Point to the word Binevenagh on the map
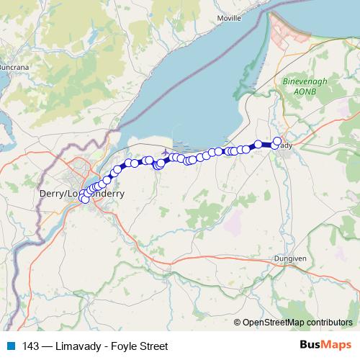[307, 81]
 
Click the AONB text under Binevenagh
[307, 91]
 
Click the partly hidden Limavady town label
[287, 145]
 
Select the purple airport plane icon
[167, 153]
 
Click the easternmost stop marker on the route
[277, 141]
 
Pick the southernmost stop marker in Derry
[85, 199]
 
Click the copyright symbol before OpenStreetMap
[238, 323]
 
